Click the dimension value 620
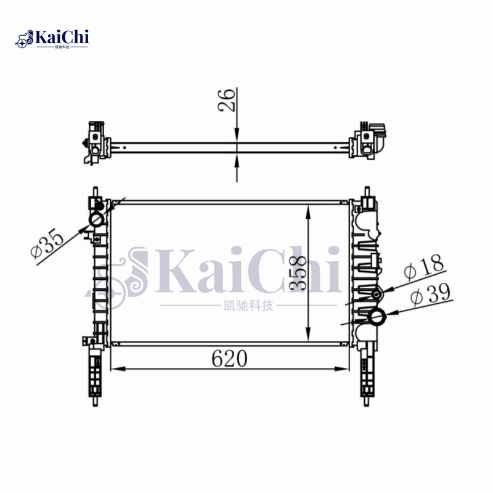229,358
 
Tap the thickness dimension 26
227,99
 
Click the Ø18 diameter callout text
423,268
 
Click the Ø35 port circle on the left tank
97,220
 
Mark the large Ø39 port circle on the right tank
377,317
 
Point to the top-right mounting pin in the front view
368,192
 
